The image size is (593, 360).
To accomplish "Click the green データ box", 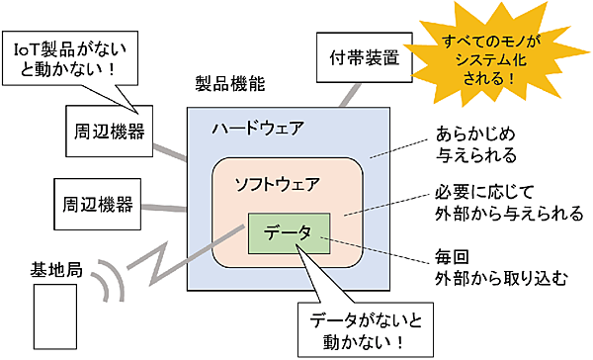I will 289,233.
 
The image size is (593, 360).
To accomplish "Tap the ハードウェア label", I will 258,129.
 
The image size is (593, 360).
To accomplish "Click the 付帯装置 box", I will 352,55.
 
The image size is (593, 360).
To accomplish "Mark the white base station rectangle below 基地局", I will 54,317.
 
